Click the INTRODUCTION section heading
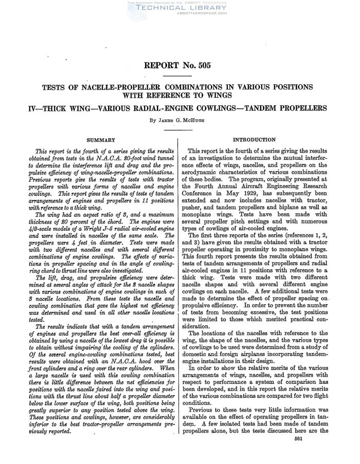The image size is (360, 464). [255, 140]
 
